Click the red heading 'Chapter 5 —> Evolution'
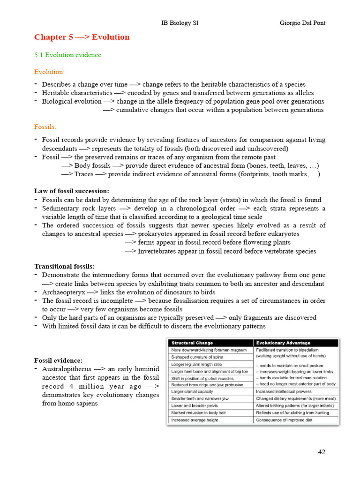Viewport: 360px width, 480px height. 82,37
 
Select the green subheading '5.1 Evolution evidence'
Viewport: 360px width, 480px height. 67,55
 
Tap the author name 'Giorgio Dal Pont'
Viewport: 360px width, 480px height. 302,23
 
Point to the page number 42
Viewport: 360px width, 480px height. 321,452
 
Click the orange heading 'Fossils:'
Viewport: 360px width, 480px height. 45,127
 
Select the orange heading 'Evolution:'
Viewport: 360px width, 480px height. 49,72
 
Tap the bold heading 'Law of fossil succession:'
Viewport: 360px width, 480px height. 71,191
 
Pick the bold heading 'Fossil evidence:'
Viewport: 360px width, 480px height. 58,360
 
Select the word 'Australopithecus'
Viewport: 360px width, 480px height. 67,369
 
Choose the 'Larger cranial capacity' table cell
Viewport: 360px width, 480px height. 192,391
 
